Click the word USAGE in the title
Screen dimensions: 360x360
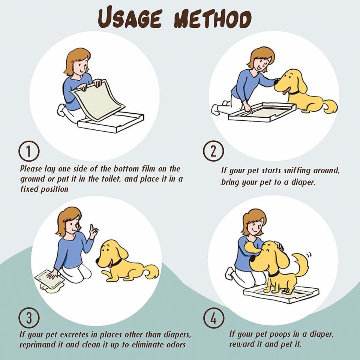click(x=130, y=18)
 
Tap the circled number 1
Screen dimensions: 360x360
click(x=29, y=151)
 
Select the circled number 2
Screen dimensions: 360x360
click(x=213, y=151)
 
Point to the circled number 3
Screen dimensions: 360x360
click(x=29, y=318)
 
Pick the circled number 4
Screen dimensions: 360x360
click(x=214, y=318)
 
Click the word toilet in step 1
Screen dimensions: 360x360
click(x=111, y=178)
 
